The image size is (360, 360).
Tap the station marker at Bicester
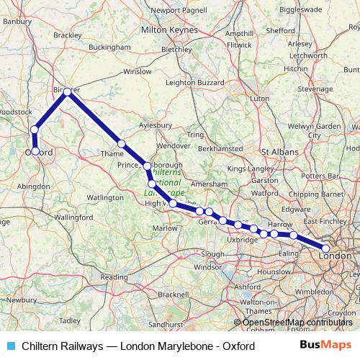pyautogui.click(x=67, y=91)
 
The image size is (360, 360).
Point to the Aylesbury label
pyautogui.click(x=156, y=125)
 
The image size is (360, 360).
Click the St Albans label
pyautogui.click(x=276, y=152)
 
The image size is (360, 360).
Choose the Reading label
pyautogui.click(x=114, y=276)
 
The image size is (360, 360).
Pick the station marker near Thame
pyautogui.click(x=122, y=143)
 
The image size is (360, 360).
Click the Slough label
pyautogui.click(x=212, y=253)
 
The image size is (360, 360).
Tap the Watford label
pyautogui.click(x=265, y=193)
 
